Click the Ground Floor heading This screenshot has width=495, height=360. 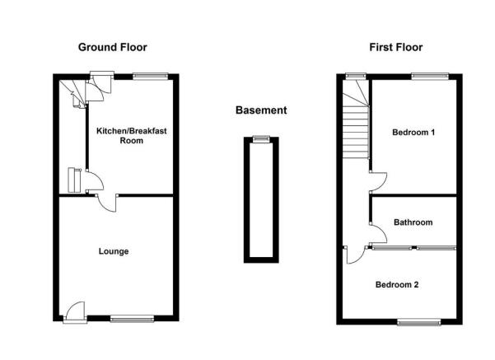pos(112,48)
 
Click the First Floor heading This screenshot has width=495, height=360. pos(396,48)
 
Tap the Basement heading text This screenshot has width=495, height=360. pos(261,110)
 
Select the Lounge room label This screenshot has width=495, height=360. pos(114,251)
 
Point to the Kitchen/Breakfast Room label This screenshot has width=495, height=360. pos(131,136)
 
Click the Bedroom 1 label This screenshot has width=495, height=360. pos(413,132)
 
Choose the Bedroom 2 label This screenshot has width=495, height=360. pos(397,284)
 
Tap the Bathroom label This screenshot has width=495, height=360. pos(413,222)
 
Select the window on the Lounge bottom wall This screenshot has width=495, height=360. pos(132,319)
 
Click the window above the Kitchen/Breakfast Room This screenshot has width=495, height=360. pos(151,76)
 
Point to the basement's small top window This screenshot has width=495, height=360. pos(262,138)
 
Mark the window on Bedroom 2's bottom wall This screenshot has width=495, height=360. pos(418,321)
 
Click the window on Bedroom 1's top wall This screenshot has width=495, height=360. pos(430,76)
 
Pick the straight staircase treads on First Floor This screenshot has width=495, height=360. pos(356,132)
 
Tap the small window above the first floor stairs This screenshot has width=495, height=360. pos(356,76)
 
